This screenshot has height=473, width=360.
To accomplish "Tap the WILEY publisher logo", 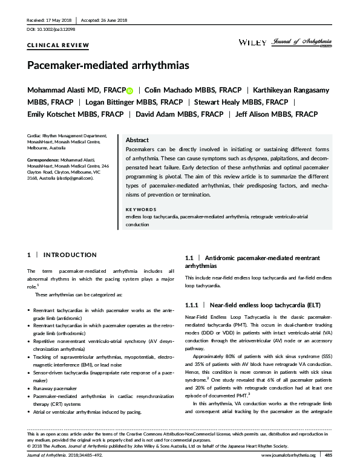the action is (249, 42).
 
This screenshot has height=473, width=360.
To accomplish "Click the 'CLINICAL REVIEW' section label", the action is (58, 45).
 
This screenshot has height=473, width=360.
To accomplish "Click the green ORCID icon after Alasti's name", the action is (129, 91).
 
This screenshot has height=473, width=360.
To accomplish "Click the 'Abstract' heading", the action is (137, 139).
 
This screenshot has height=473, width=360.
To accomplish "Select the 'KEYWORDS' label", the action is (140, 209).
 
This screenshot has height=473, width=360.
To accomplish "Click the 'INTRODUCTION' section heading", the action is (70, 255).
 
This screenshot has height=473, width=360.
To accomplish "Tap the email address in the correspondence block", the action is (75, 178).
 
